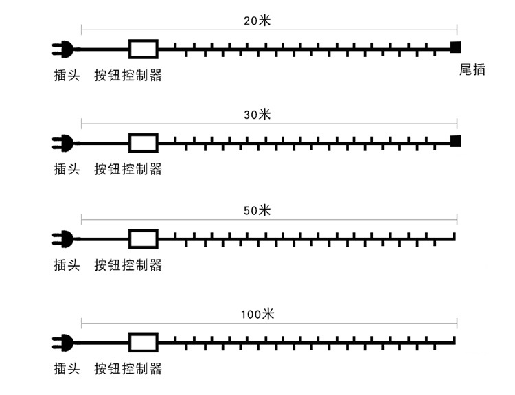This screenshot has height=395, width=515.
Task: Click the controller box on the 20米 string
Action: [144, 48]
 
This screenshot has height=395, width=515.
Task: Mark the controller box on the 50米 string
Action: [144, 238]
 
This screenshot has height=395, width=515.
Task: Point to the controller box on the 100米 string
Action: [144, 342]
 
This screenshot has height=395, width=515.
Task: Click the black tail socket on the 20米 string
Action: [455, 47]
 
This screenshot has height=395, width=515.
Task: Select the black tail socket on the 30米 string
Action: [455, 142]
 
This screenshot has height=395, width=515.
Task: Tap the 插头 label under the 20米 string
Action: [67, 75]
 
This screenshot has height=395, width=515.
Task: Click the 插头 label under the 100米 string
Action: [67, 369]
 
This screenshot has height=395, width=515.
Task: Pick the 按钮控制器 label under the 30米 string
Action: [128, 169]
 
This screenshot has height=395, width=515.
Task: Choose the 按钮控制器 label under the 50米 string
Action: [128, 264]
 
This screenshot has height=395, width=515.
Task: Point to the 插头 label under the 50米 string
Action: [67, 264]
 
